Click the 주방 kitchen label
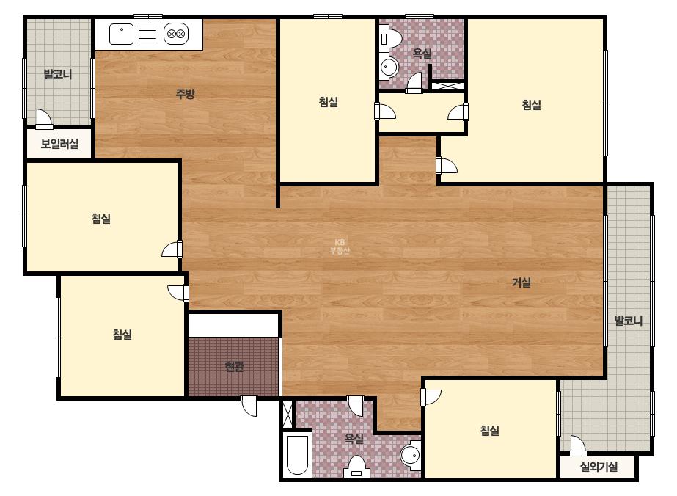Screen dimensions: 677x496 [x=186, y=93]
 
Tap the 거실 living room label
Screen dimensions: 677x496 [x=521, y=282]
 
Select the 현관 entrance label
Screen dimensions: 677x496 [x=235, y=367]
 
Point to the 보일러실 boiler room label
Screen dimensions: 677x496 [x=59, y=143]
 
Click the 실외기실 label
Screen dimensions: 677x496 [x=599, y=466]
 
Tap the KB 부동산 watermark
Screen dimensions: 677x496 [x=340, y=247]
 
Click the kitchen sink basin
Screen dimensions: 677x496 [x=121, y=34]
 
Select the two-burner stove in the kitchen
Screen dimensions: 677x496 [x=176, y=34]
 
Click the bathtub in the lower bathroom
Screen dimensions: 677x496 [x=298, y=454]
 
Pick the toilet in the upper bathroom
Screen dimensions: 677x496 [x=390, y=38]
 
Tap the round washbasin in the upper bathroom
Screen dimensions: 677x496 [x=389, y=68]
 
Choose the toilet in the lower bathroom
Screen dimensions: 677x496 [x=356, y=466]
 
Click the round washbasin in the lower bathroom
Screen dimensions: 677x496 [x=411, y=455]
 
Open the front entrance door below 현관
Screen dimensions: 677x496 [x=249, y=406]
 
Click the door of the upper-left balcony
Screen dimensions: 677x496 [x=44, y=120]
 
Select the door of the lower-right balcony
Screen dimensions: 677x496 [x=578, y=446]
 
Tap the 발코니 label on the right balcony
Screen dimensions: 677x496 [x=628, y=321]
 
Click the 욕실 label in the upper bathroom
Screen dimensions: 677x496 [x=422, y=54]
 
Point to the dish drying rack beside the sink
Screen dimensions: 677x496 [x=147, y=34]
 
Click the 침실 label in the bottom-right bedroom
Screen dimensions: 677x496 [x=490, y=430]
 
